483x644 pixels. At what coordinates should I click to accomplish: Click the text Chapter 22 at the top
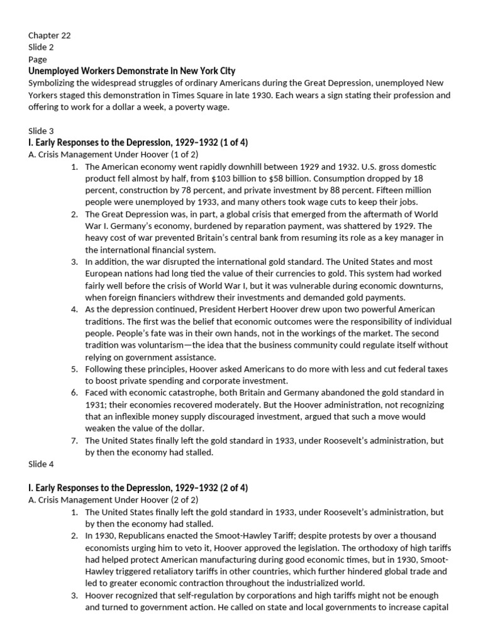(x=49, y=36)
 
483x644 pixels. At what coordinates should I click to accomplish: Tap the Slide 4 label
(x=41, y=464)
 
